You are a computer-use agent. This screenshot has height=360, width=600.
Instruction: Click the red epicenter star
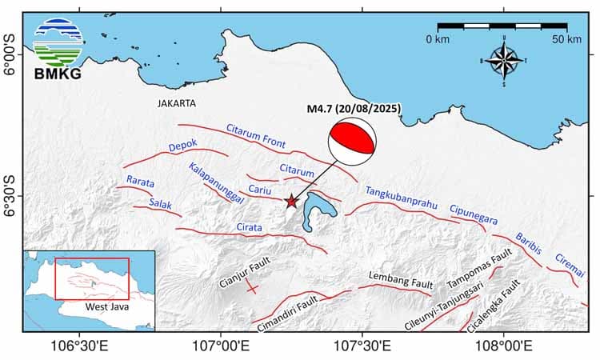291,202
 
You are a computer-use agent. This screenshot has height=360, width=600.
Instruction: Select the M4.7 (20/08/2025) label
354,109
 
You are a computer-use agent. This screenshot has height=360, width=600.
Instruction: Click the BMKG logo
58,47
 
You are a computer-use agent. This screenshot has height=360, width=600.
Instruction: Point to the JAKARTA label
177,103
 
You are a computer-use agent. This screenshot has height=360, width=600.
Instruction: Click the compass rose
503,61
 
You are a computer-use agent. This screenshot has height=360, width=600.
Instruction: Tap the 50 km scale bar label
566,39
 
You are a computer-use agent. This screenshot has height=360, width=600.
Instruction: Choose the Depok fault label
183,146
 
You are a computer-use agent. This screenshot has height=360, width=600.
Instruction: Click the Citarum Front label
255,136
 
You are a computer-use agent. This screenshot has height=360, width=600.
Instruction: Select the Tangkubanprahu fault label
402,198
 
